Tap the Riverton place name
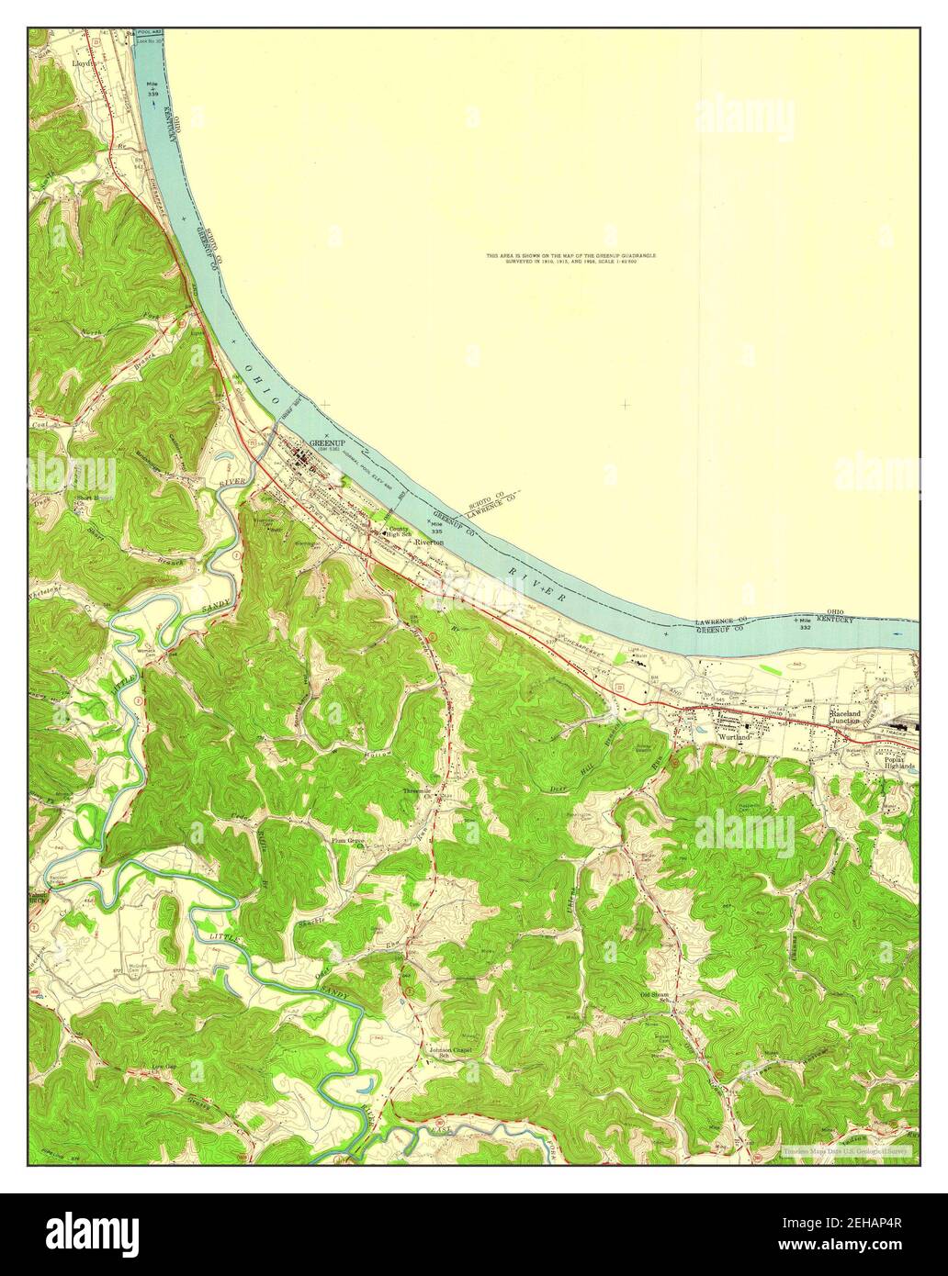click(429, 543)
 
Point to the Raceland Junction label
click(844, 717)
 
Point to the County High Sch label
click(401, 532)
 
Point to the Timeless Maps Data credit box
click(846, 1149)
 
